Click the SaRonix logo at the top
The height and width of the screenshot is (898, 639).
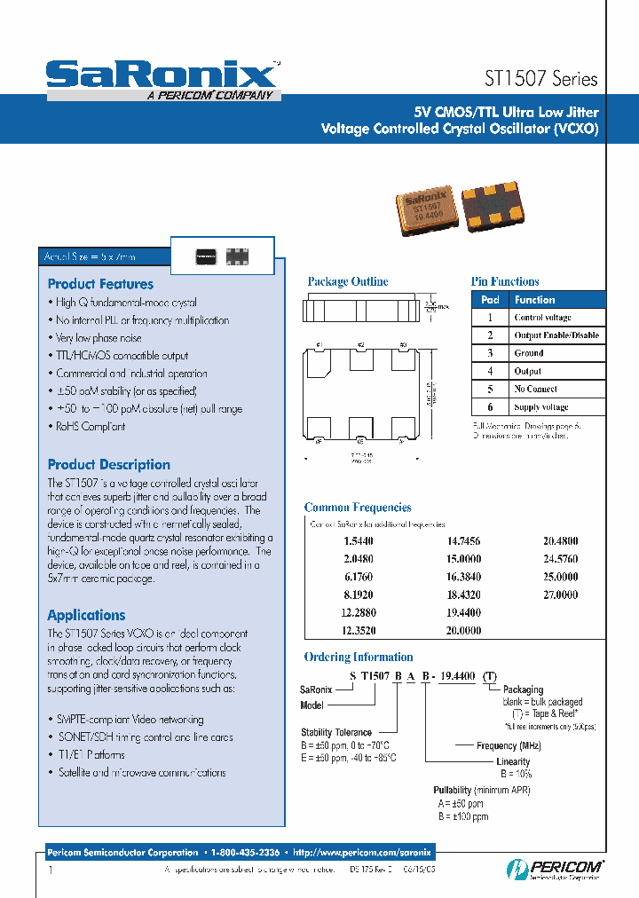pyautogui.click(x=162, y=75)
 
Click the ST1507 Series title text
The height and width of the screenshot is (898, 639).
pyautogui.click(x=541, y=78)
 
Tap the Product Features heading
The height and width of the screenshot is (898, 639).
pyautogui.click(x=100, y=284)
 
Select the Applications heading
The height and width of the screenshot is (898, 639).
pyautogui.click(x=86, y=615)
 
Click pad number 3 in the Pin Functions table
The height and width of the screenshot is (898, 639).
pyautogui.click(x=489, y=353)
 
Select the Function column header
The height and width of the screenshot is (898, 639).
pyautogui.click(x=534, y=300)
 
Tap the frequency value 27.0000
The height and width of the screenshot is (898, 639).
pyautogui.click(x=560, y=595)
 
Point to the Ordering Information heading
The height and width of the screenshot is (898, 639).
pyautogui.click(x=359, y=658)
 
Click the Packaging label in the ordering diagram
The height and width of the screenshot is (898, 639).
pyautogui.click(x=523, y=689)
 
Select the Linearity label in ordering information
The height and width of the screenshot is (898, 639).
pyautogui.click(x=514, y=761)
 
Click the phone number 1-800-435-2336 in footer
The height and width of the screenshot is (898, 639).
pyautogui.click(x=245, y=852)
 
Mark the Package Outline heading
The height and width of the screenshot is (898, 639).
pyautogui.click(x=348, y=281)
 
